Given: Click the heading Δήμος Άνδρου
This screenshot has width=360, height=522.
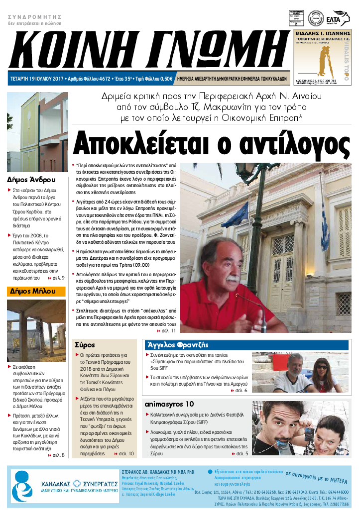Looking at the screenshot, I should pos(31,180).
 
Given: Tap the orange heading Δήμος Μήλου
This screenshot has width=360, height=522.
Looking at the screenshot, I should pos(31,292).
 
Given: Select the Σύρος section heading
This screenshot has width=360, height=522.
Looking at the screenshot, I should pos(85,345).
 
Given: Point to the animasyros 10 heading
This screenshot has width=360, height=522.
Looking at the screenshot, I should pos(169,404).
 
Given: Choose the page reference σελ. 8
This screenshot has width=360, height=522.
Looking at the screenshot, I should pos(58,454).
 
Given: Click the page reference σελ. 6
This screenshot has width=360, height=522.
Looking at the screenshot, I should pos(241,390).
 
